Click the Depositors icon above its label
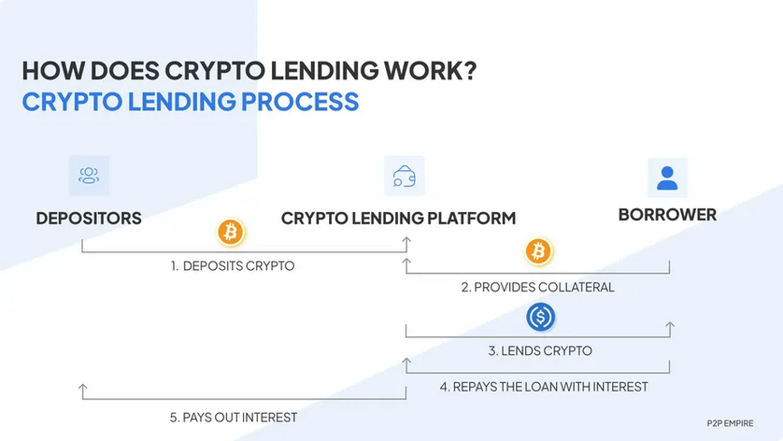pos(89,176)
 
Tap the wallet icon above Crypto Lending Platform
pos(405,176)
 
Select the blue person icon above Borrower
pos(667,177)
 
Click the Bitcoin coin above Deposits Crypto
pos(230,231)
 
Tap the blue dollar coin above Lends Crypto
pos(539,317)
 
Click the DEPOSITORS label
pos(89,219)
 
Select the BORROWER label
pos(667,215)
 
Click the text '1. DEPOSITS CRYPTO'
pos(233,266)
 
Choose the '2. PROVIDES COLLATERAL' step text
pos(538,287)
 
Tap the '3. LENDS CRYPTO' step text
pos(539,351)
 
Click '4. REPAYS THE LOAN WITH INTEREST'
pos(545,386)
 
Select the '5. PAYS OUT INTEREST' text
pos(234,417)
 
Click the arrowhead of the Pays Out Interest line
pos(83,387)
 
